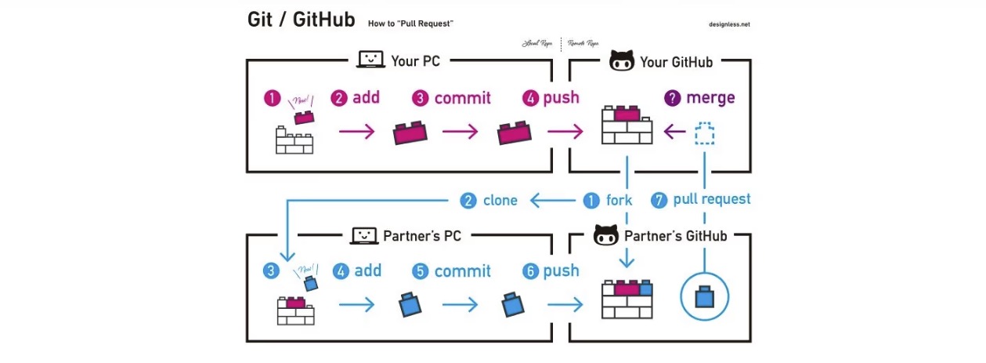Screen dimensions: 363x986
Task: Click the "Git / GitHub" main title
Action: (301, 20)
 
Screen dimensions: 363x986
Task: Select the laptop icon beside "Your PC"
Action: (370, 60)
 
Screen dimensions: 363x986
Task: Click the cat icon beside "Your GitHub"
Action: (621, 61)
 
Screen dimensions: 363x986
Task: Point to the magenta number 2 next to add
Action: (338, 98)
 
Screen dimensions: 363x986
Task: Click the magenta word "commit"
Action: (462, 98)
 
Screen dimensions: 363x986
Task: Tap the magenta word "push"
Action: (561, 98)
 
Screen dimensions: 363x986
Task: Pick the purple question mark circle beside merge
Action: (672, 98)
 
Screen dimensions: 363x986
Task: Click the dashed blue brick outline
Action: (705, 133)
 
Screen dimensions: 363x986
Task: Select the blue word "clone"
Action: (500, 201)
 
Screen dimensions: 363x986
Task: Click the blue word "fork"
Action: (619, 201)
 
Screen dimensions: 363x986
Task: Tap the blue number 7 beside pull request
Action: (660, 201)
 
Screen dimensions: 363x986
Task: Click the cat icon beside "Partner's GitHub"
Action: (606, 235)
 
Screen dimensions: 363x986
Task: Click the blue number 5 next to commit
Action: (421, 271)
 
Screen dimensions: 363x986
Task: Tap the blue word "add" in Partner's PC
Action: (368, 270)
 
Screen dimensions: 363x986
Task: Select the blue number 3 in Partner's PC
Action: (271, 271)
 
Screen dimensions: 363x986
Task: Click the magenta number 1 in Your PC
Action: (272, 98)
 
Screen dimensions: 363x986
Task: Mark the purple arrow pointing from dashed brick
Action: (674, 133)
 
